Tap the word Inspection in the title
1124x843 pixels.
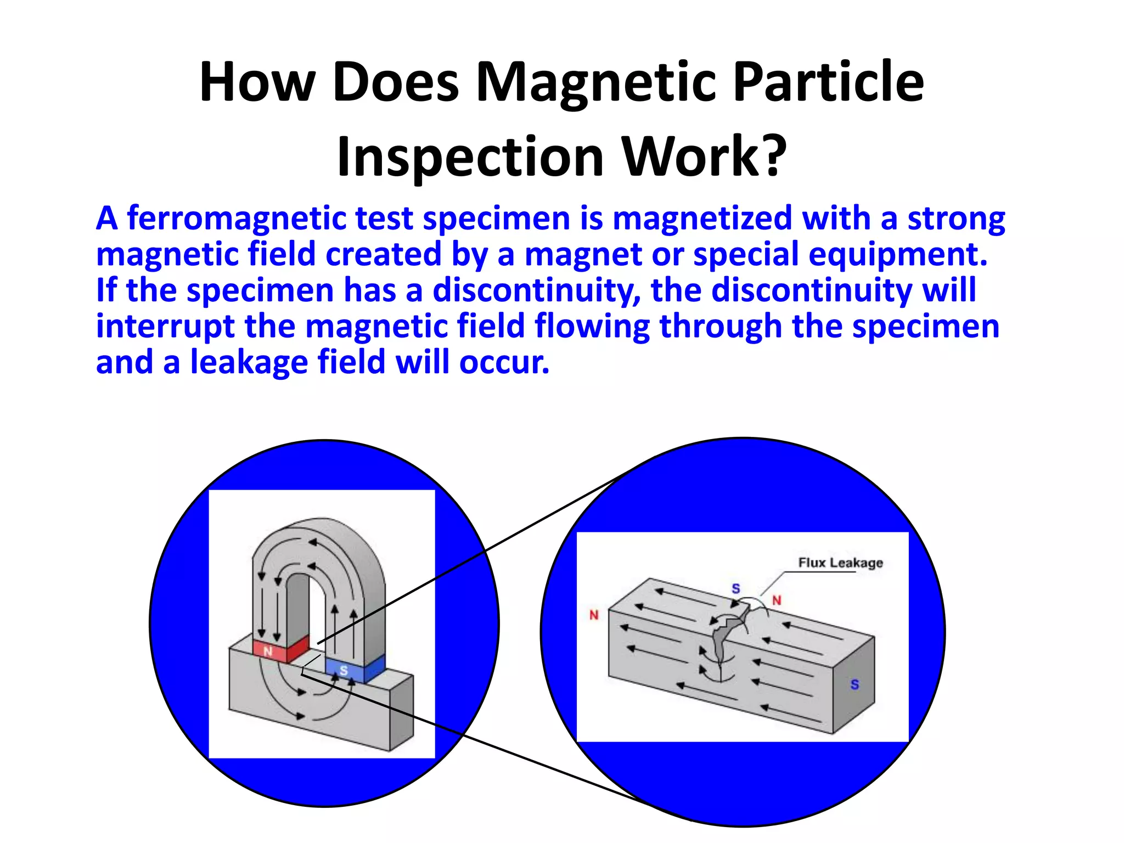pos(470,157)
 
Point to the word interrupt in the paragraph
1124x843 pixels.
pos(165,327)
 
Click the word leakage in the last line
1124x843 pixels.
pos(249,363)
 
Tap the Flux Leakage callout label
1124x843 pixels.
pos(840,563)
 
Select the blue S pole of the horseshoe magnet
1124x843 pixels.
pos(344,670)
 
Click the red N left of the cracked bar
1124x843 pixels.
pos(594,615)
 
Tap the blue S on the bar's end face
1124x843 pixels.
pos(855,684)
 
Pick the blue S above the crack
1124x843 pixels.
pos(736,589)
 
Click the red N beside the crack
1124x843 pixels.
pos(777,600)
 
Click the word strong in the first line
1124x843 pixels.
pos(956,219)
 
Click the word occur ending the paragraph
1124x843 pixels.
pos(504,363)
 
